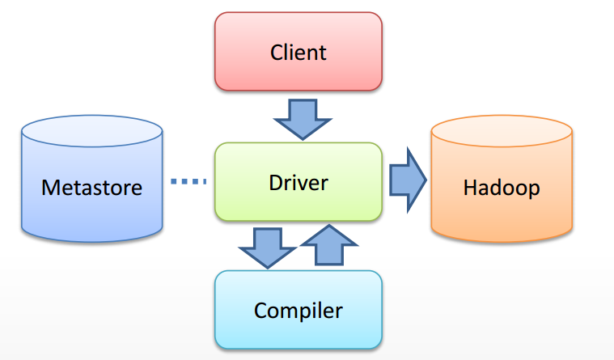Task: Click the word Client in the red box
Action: pos(298,53)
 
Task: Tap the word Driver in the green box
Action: pos(298,182)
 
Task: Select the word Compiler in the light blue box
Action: pos(298,310)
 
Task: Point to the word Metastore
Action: pos(91,188)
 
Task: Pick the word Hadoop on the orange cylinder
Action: pos(502,188)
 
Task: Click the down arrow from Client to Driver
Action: pos(303,119)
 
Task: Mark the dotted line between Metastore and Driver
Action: pos(189,181)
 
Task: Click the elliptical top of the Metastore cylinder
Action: pos(91,129)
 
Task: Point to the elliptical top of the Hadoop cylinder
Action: pos(502,129)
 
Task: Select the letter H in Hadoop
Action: pos(469,188)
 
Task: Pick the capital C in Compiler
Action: pos(260,310)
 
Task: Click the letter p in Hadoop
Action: pos(533,190)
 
